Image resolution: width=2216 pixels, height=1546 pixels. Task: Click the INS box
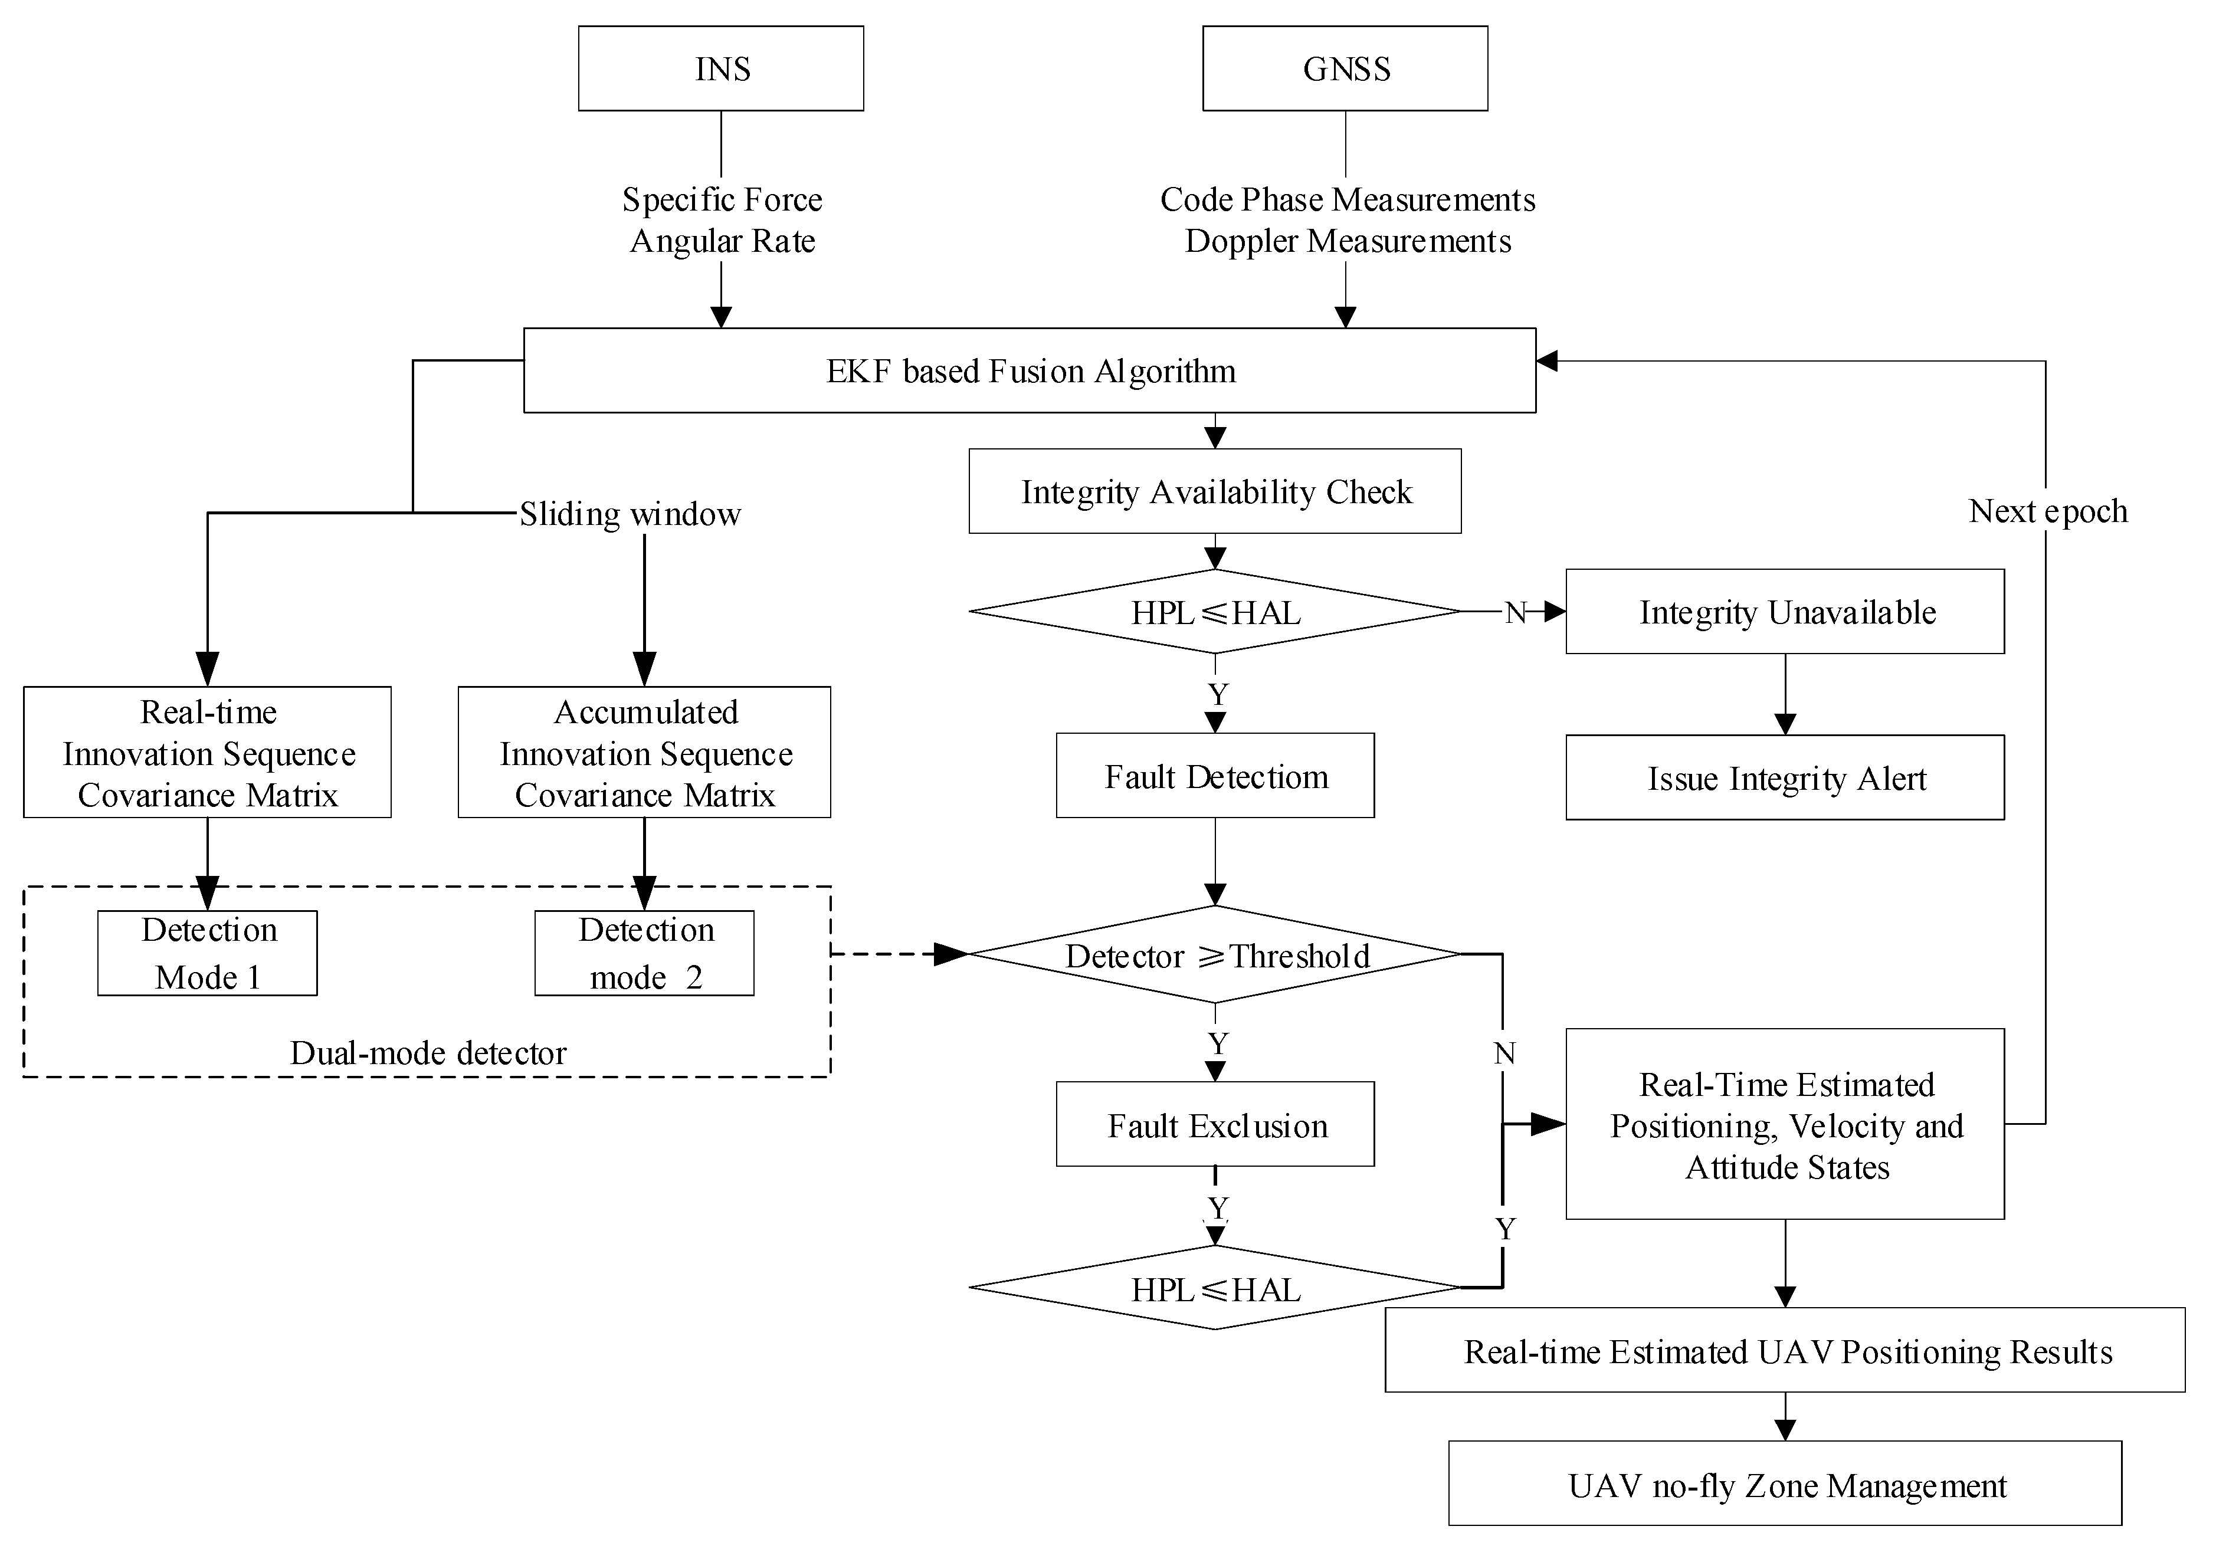coord(721,68)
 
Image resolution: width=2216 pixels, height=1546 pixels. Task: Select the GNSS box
coord(1345,68)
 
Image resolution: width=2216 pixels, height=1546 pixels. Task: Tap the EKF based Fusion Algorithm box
coord(1029,370)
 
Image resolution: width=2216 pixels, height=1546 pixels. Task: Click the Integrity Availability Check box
coord(1215,491)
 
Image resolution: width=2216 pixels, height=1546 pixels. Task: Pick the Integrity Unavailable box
coord(1785,612)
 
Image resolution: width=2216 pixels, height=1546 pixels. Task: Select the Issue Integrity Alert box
coord(1785,778)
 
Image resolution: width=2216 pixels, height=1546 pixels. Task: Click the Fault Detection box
coord(1215,776)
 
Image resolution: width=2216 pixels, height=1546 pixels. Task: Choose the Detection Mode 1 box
coord(208,953)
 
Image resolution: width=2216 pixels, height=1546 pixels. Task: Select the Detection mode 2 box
coord(645,953)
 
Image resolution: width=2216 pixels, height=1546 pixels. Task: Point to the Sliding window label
coord(630,513)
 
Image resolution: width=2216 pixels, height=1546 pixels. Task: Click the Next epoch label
coord(2048,510)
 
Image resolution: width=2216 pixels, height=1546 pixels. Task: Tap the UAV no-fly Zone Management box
coord(1785,1484)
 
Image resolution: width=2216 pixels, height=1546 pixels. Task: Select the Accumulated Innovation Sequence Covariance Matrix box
coord(645,753)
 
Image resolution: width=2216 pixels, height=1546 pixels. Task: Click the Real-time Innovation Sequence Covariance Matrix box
coord(208,753)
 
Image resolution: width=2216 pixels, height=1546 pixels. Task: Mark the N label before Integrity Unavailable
coord(1515,612)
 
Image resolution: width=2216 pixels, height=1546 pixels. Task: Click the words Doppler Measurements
coord(1348,240)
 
